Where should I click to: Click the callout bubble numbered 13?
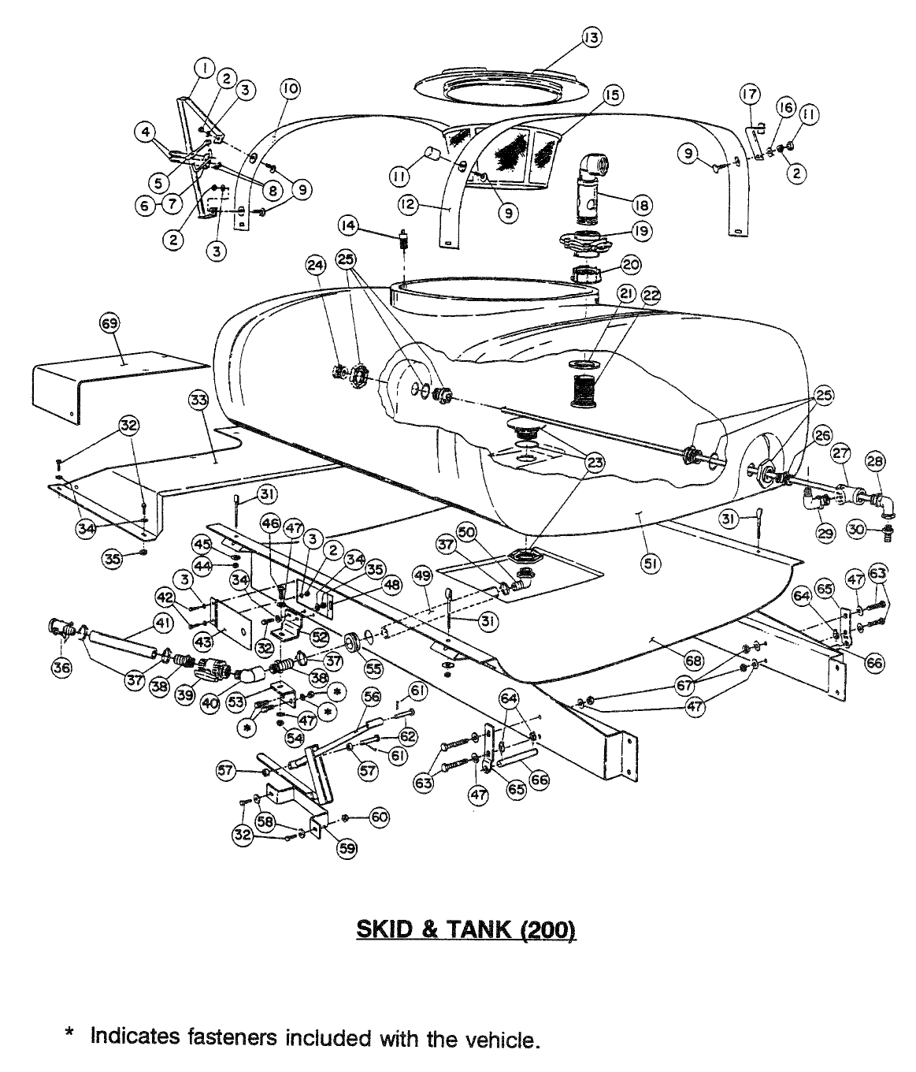(x=591, y=37)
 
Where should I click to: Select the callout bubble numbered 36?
(x=60, y=668)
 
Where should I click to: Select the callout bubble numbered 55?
(x=373, y=668)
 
